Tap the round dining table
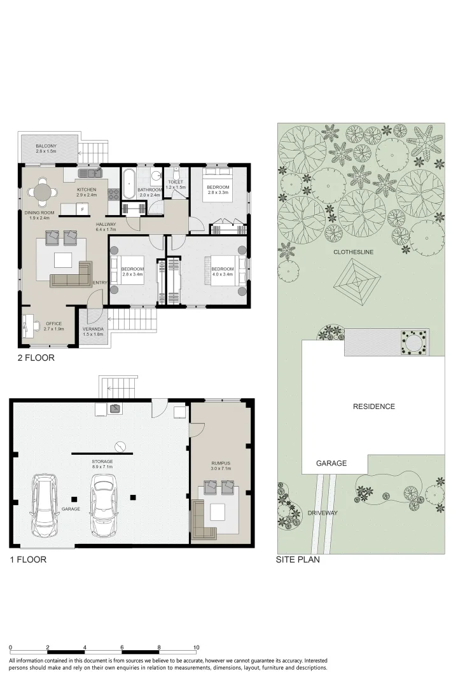[43, 191]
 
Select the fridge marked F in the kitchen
[82, 209]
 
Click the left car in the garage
[43, 506]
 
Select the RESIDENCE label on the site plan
[374, 406]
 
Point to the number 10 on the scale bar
[196, 648]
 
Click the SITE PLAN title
[297, 560]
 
